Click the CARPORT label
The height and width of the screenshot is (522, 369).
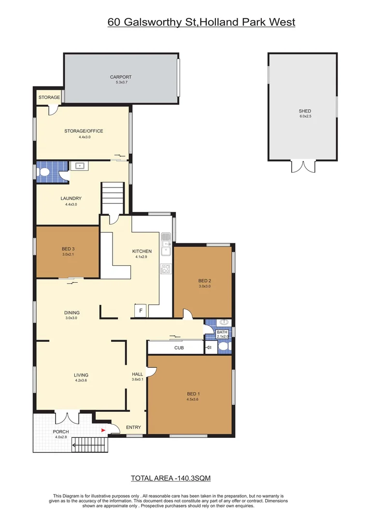(x=120, y=77)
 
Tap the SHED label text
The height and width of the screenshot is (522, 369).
(x=305, y=111)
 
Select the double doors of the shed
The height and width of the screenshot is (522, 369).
(x=302, y=167)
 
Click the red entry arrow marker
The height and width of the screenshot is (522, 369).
(x=102, y=429)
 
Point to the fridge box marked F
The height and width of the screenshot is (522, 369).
(x=141, y=311)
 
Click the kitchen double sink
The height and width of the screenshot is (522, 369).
(x=166, y=244)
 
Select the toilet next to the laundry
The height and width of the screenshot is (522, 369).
(x=44, y=172)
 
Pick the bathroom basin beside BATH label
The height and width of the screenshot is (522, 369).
(x=224, y=322)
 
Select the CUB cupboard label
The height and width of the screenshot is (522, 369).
(x=179, y=348)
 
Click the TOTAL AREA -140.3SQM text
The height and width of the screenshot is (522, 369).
(x=170, y=478)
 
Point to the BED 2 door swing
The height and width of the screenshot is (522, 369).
(x=187, y=314)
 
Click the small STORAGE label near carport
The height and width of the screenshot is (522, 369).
(x=49, y=98)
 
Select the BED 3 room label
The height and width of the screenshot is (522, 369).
(x=68, y=249)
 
